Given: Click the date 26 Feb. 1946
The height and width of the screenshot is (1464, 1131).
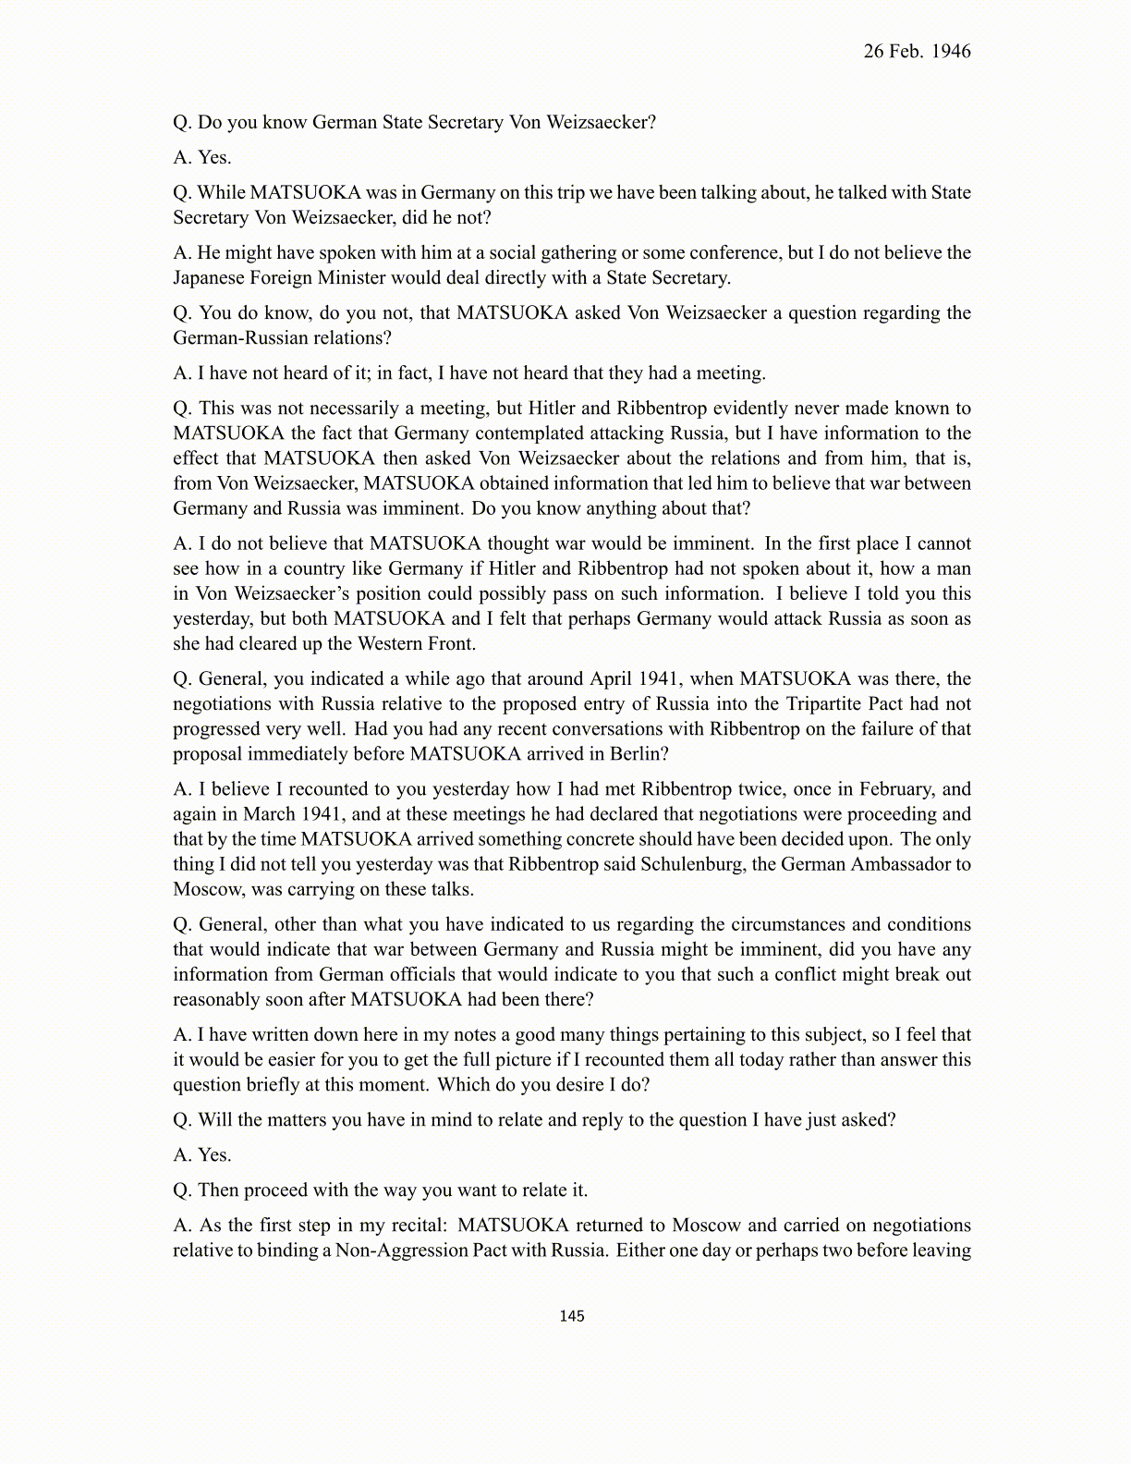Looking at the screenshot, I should [x=917, y=52].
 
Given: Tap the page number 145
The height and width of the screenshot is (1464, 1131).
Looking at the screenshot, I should [x=572, y=1316].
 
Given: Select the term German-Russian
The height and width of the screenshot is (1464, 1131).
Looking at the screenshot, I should [x=238, y=338].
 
